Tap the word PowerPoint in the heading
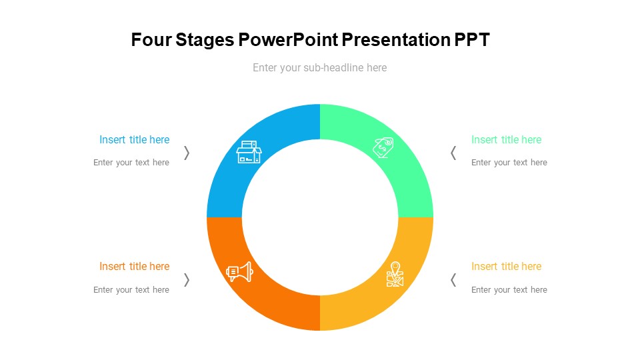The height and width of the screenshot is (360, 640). coord(288,39)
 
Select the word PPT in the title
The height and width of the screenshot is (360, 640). coord(471,39)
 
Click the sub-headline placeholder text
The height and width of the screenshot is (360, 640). coord(319,68)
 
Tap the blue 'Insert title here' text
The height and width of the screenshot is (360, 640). coord(134,139)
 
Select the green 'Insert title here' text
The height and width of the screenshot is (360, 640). coord(506,139)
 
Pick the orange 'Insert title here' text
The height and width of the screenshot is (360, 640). coord(134,267)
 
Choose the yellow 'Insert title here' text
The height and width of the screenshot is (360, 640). coord(506,267)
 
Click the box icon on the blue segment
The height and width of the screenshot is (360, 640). coord(249,152)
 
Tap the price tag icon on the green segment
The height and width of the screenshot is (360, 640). coord(383,147)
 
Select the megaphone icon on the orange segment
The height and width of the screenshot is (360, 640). coord(239,272)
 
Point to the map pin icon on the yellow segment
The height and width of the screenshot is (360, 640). coord(395,274)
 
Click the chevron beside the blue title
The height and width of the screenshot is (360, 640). coord(187,153)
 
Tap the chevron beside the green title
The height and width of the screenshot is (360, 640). coord(453,153)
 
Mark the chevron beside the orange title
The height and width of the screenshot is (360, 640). coord(187,280)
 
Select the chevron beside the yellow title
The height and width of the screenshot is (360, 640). coord(453,280)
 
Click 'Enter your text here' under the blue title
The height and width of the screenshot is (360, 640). coord(131,163)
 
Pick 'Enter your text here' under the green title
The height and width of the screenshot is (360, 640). coord(509,163)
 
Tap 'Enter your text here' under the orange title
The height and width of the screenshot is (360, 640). coord(131,290)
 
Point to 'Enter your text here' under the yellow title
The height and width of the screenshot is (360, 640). coord(509,290)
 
